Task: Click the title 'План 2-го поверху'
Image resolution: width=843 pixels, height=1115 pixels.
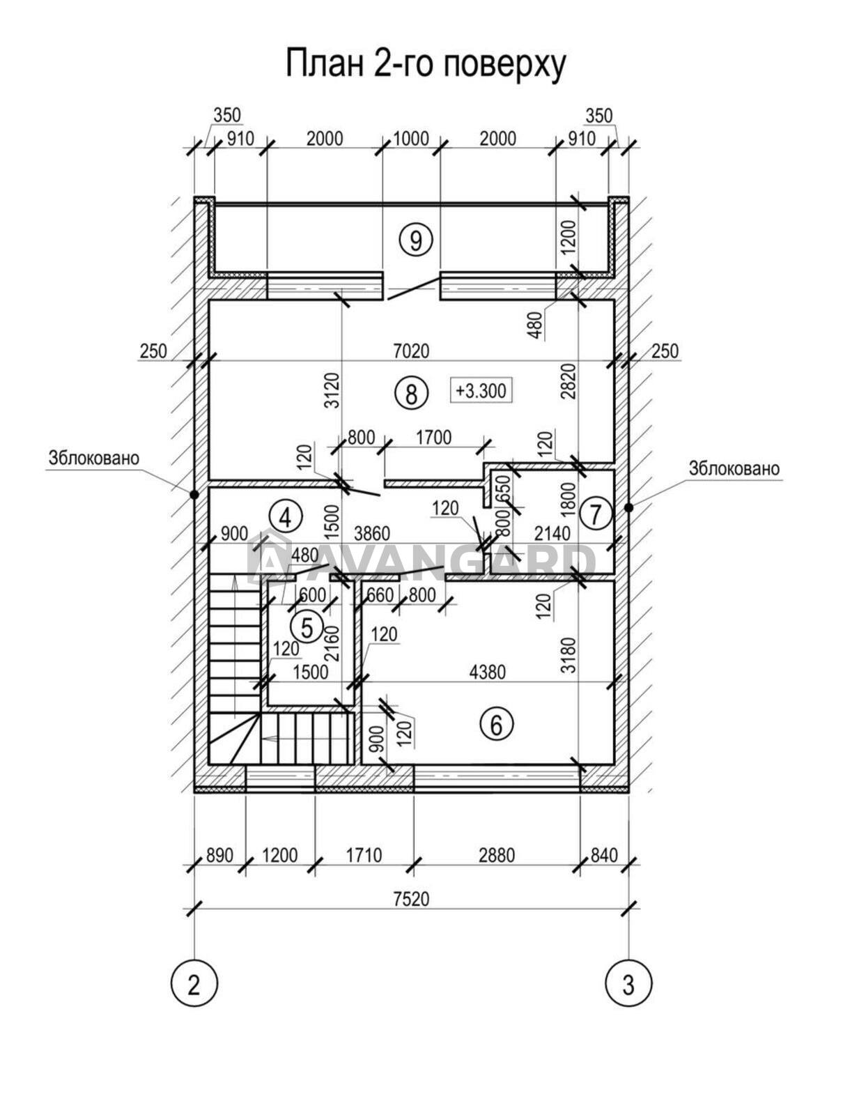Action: pos(425,64)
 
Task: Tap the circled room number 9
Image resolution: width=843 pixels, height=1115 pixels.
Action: pos(416,240)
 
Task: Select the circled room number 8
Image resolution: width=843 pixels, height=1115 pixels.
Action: pos(410,394)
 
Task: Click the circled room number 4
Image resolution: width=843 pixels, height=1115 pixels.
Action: pos(286,516)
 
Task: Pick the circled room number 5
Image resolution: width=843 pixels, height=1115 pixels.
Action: pos(307,627)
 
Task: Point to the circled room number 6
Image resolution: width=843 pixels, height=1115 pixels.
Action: pos(496,725)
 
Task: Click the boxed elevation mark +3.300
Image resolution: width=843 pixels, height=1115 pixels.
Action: pos(481,390)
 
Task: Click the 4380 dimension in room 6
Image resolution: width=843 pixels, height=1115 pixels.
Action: pos(487,672)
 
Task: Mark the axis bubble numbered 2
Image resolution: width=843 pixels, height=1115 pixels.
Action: pos(194,985)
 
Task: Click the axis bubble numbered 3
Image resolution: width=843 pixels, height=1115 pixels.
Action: pos(628,985)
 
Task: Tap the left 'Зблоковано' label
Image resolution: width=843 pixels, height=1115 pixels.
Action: pos(94,459)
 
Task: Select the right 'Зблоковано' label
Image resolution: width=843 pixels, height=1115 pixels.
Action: pos(734,468)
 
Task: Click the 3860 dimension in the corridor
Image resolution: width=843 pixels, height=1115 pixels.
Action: pos(371,535)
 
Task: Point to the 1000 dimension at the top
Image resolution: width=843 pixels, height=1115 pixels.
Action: pos(411,139)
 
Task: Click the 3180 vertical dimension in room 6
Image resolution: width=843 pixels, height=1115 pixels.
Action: pos(569,653)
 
